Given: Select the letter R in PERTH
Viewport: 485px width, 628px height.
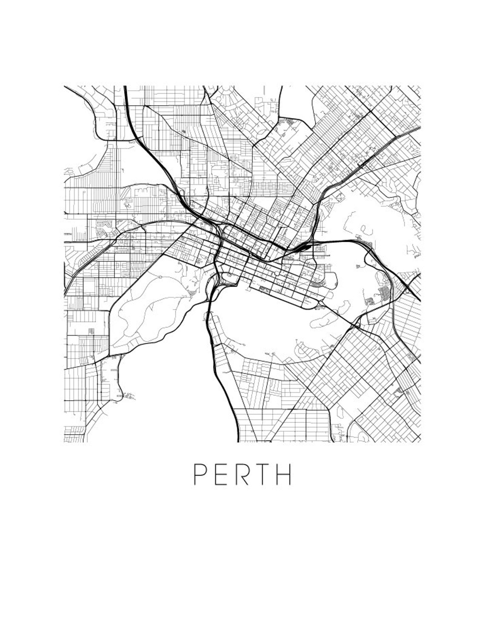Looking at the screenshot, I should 242,474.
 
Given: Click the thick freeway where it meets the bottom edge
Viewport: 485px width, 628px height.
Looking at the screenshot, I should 236,439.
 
